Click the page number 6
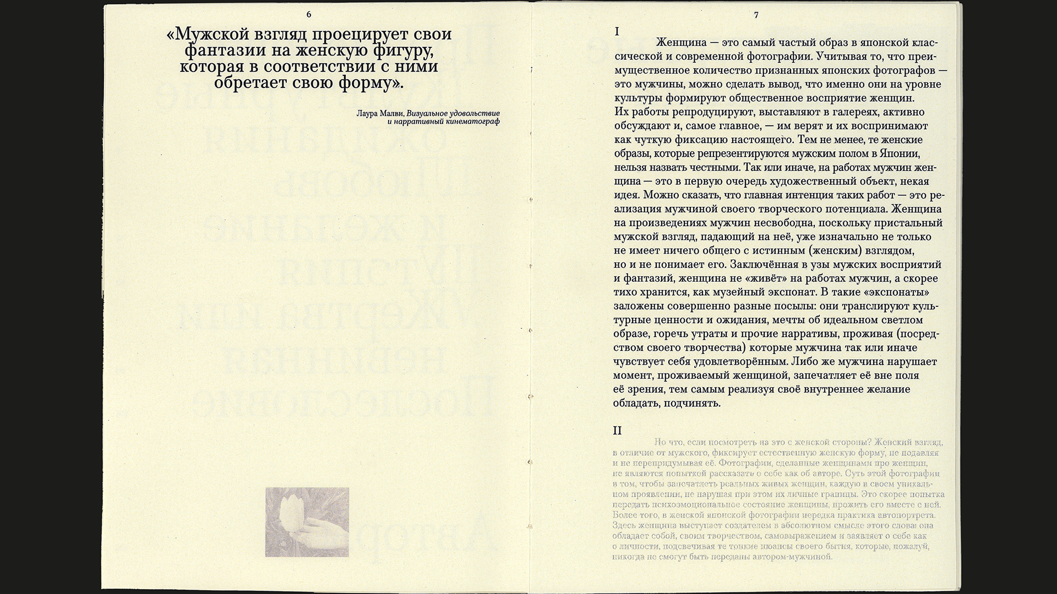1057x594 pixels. [x=308, y=14]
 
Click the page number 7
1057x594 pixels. [x=756, y=15]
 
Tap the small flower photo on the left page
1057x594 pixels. [x=307, y=521]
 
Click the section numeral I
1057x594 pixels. [x=617, y=32]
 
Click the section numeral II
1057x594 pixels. [x=618, y=430]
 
